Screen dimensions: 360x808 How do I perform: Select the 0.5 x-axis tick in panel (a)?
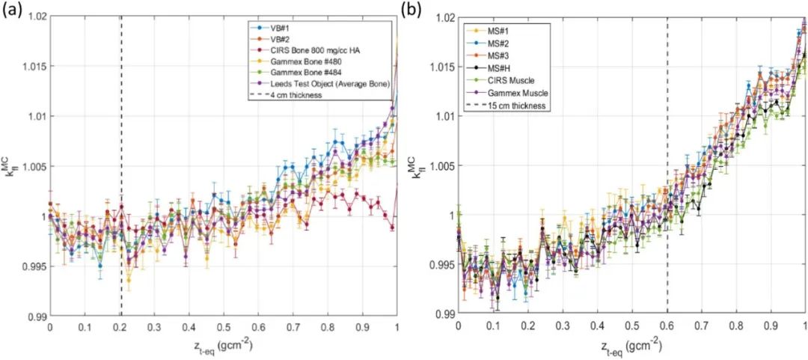tap(223, 327)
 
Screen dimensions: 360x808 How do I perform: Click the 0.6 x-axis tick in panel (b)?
tap(667, 327)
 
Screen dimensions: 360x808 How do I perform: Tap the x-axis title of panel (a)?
tap(223, 347)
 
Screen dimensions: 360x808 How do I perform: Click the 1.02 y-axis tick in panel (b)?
tap(444, 16)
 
